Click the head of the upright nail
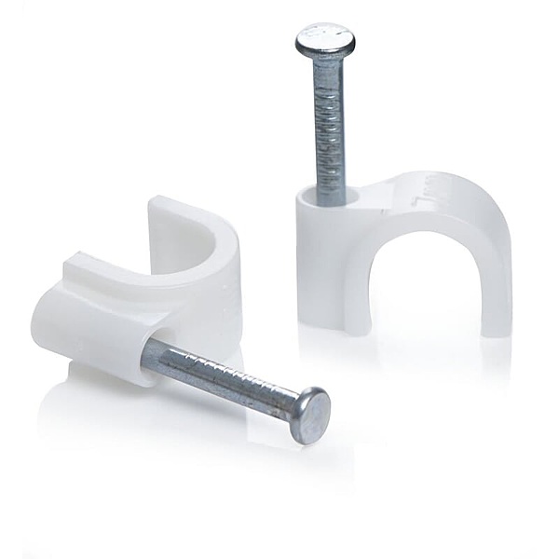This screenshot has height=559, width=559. (x=325, y=39)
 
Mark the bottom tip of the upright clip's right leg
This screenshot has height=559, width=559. (x=494, y=328)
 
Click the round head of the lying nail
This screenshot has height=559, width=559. (x=310, y=416)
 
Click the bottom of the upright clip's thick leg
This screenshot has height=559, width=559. (x=321, y=321)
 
